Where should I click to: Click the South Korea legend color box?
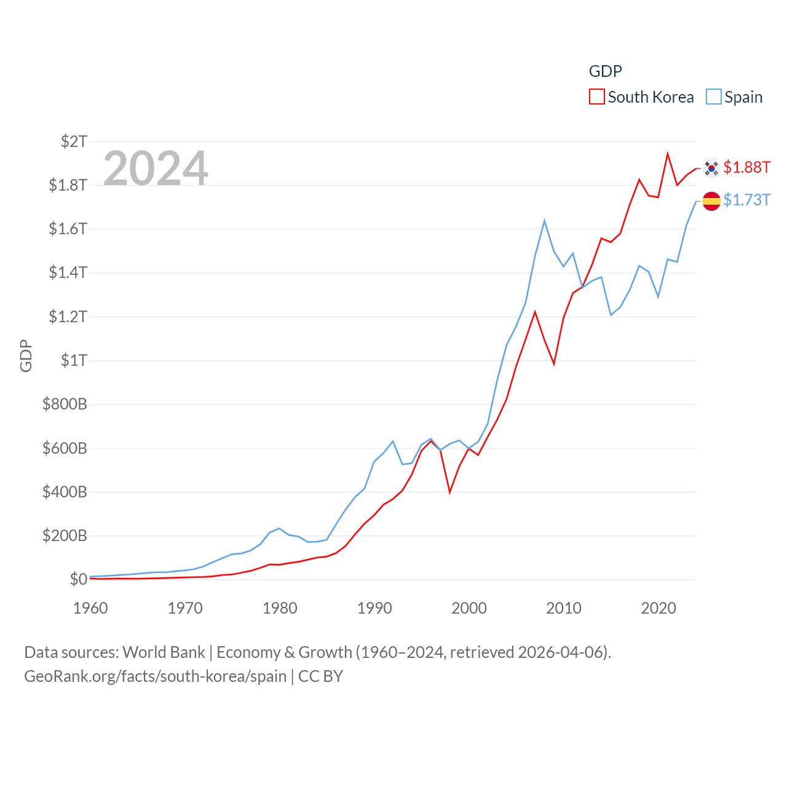pyautogui.click(x=596, y=97)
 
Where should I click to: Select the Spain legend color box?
pyautogui.click(x=713, y=97)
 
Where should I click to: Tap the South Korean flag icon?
pyautogui.click(x=711, y=168)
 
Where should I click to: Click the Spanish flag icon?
pyautogui.click(x=711, y=201)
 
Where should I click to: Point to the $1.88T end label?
pyautogui.click(x=746, y=167)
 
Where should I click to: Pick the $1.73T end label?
pyautogui.click(x=746, y=200)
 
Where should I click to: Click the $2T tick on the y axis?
pyautogui.click(x=74, y=141)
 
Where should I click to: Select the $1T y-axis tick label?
pyautogui.click(x=74, y=360)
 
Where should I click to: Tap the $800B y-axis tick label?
pyautogui.click(x=65, y=404)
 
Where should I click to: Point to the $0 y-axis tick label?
pyautogui.click(x=78, y=579)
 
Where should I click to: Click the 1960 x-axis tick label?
pyautogui.click(x=90, y=608)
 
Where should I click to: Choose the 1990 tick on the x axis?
pyautogui.click(x=374, y=608)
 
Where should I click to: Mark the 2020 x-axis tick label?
pyautogui.click(x=658, y=608)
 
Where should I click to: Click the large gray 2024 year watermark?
pyautogui.click(x=156, y=168)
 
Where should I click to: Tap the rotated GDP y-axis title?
pyautogui.click(x=26, y=355)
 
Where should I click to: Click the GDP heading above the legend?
pyautogui.click(x=605, y=71)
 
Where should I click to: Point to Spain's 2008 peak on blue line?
pyautogui.click(x=545, y=221)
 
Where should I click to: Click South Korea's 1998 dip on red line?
pyautogui.click(x=450, y=492)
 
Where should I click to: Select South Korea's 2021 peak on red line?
pyautogui.click(x=668, y=154)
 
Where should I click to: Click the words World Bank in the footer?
pyautogui.click(x=164, y=652)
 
